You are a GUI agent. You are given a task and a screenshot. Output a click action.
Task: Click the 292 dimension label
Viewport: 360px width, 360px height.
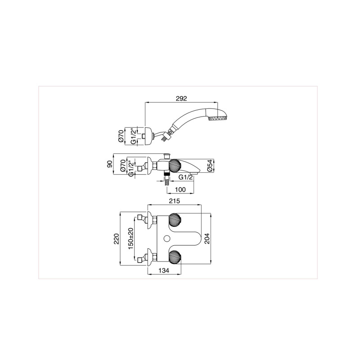(181, 99)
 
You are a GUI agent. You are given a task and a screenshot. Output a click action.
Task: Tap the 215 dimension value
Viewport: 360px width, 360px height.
(175, 201)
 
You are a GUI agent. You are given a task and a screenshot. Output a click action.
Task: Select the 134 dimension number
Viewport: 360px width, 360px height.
(164, 271)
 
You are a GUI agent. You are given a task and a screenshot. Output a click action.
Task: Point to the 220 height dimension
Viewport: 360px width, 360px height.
(117, 239)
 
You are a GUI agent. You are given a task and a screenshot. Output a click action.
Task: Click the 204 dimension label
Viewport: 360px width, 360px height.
(207, 238)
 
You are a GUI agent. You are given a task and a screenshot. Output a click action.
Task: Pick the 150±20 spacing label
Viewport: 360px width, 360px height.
(130, 238)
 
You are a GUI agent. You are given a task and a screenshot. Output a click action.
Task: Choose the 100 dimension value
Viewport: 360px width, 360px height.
(180, 189)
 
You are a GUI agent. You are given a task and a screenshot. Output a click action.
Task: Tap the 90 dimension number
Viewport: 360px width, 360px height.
(110, 164)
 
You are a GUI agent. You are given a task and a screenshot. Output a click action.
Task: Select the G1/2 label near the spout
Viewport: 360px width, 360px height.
(186, 177)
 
